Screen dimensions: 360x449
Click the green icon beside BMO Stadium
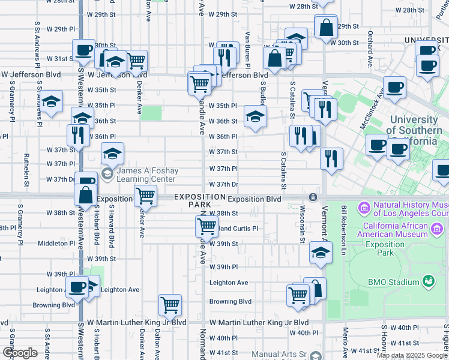429,281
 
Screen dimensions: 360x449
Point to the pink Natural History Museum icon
363,208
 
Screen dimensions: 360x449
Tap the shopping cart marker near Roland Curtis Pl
206,226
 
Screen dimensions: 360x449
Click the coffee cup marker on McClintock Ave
394,87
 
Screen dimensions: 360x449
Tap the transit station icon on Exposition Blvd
313,197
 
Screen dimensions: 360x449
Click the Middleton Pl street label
56,244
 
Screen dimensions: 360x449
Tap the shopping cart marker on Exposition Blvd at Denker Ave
145,195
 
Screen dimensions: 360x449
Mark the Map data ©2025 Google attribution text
412,355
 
